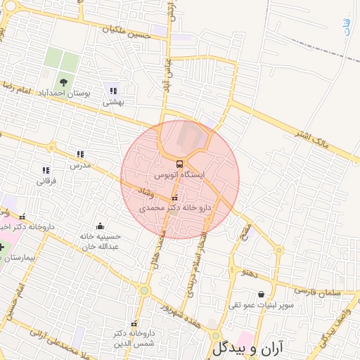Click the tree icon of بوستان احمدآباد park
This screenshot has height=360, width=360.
tap(64, 82)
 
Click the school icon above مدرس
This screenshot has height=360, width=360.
tap(80, 155)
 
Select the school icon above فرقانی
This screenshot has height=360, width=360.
tap(46, 170)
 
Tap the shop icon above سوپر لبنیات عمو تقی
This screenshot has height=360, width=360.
tap(262, 295)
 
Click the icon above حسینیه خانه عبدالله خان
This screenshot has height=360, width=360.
tap(100, 226)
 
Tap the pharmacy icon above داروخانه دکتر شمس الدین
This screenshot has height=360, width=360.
tap(134, 323)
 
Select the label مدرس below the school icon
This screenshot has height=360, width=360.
tap(80, 165)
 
